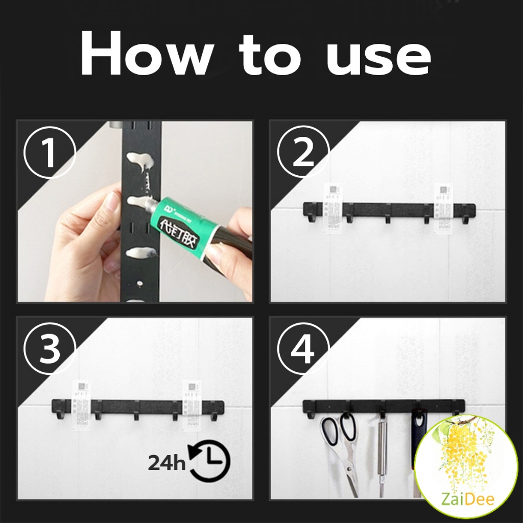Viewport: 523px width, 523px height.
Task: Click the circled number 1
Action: coord(49,152)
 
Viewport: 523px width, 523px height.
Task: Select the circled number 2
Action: coord(303,152)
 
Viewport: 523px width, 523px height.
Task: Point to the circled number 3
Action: coord(49,349)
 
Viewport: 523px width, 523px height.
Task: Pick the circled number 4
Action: coord(303,349)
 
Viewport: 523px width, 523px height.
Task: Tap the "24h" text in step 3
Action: coord(167,463)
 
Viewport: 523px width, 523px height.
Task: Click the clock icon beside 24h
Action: coord(210,461)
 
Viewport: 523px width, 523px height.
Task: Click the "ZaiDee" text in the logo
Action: coord(465,499)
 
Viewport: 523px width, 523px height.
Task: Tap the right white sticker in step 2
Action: coord(443,209)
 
